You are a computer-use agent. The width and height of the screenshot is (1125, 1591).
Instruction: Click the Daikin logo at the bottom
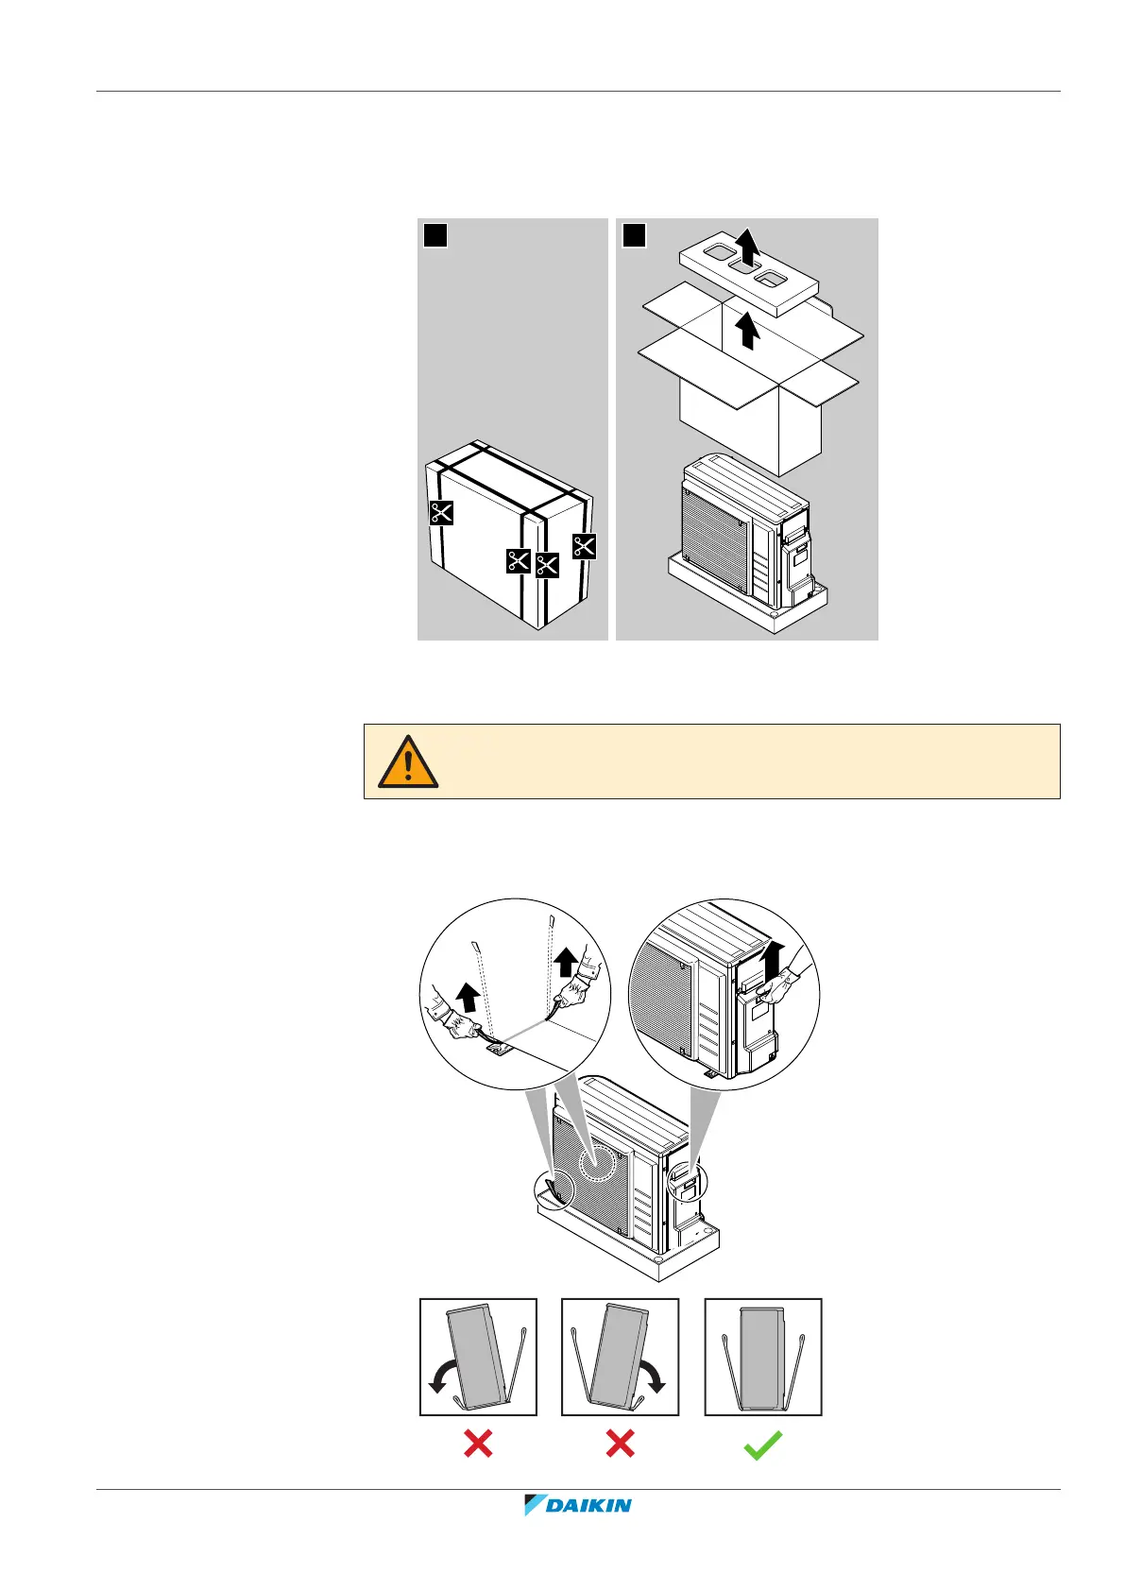click(x=577, y=1505)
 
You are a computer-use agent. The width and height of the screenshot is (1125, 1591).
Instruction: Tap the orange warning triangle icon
click(x=408, y=761)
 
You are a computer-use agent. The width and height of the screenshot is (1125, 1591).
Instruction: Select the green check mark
click(x=762, y=1445)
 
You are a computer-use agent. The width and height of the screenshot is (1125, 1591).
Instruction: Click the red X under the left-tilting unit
click(x=478, y=1444)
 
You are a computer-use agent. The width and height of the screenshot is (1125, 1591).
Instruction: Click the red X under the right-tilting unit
click(x=620, y=1444)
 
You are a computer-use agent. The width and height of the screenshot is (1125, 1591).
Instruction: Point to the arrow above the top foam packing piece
click(x=748, y=248)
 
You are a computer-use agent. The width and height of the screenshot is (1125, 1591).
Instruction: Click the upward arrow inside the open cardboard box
click(x=748, y=332)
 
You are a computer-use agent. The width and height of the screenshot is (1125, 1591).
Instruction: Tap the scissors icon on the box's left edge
click(x=441, y=513)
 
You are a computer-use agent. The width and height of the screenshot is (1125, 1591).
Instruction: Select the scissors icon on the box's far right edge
click(x=585, y=546)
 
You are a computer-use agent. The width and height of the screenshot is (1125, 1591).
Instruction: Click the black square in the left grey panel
click(x=435, y=234)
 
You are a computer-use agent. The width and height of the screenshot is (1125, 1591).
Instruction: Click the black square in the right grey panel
click(x=634, y=234)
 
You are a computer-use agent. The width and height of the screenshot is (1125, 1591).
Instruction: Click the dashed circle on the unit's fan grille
click(x=603, y=1161)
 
